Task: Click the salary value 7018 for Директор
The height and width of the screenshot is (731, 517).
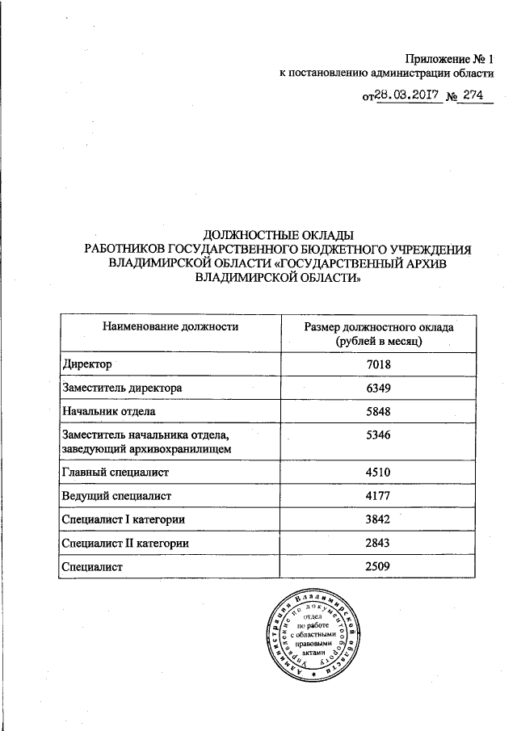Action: (x=378, y=365)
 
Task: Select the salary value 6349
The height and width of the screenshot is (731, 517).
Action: (x=378, y=389)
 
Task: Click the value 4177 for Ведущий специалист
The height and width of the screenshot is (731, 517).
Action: (x=378, y=495)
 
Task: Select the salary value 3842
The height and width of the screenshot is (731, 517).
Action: (x=378, y=519)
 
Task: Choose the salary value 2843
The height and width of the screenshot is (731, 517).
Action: (x=378, y=543)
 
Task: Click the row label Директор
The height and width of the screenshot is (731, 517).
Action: (x=86, y=365)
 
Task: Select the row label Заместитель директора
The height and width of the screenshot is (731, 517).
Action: (x=121, y=389)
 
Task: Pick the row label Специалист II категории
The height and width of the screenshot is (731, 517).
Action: (x=125, y=544)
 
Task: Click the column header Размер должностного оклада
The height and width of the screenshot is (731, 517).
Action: (x=378, y=329)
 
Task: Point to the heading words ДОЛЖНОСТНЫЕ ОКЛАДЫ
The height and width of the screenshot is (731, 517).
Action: (x=278, y=234)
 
